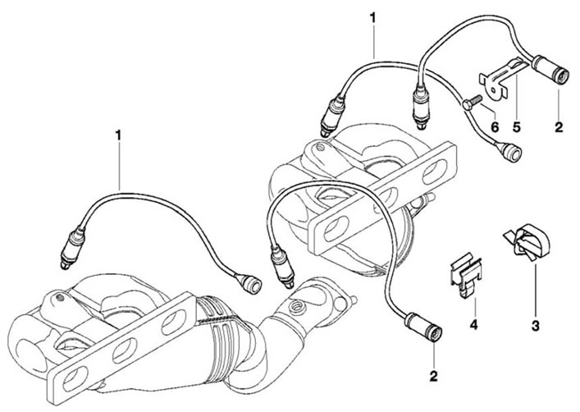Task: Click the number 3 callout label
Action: [535, 326]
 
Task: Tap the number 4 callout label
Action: [474, 325]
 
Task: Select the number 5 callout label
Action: [517, 127]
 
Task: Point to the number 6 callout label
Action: [495, 127]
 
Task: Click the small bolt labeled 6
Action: [470, 103]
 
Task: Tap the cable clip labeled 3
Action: [527, 242]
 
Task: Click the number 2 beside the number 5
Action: [559, 127]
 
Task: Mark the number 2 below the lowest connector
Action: [433, 376]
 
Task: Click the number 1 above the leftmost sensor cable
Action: [118, 135]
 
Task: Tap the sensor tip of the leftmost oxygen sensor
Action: [65, 264]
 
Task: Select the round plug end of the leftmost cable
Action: [249, 283]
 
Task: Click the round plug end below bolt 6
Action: [510, 152]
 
